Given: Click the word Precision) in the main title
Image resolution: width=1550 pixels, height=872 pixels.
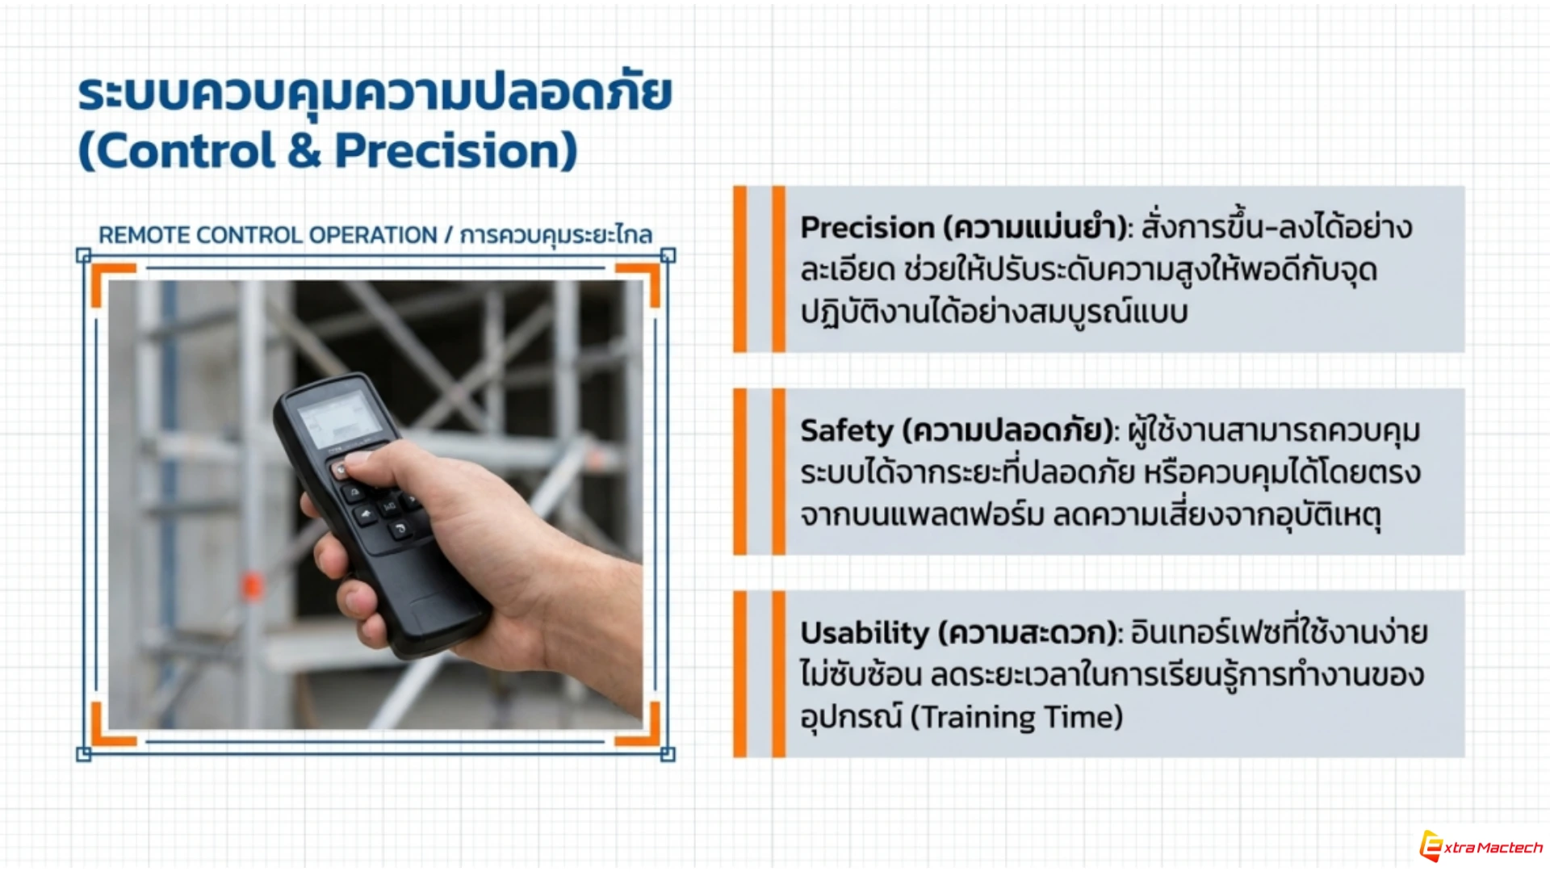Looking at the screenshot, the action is pos(456,151).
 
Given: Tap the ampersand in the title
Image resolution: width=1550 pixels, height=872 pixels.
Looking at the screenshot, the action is pos(304,151).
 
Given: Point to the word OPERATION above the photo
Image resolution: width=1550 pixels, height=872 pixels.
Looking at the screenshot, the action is pos(372,235).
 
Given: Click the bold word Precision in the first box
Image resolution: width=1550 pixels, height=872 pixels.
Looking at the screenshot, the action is pos(867,228).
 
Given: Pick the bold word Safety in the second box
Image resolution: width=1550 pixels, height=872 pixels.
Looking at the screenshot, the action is pos(846,431).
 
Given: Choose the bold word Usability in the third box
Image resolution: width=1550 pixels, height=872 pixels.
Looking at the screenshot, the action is pos(865,633).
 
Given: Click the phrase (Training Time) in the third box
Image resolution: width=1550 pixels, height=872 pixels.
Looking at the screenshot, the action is pos(1016,717).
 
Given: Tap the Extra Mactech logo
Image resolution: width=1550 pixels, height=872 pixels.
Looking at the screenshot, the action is pos(1481,845).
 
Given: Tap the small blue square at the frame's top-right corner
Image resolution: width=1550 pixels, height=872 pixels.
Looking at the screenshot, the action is pos(668,256).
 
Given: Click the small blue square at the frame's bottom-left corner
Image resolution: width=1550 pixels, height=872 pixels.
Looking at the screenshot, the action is pos(83,754).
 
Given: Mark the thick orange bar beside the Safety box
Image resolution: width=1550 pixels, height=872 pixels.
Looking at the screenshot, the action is pos(740,472).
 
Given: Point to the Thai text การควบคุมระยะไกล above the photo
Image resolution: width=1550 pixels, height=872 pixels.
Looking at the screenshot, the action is pos(556,235).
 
